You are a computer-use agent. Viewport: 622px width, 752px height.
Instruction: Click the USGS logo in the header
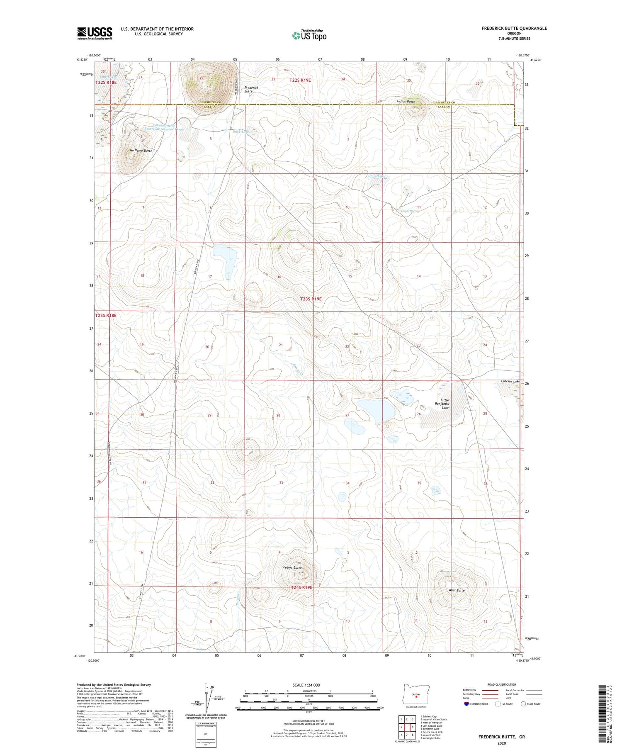click(x=95, y=33)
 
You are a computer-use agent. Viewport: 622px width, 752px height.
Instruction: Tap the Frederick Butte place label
click(x=251, y=90)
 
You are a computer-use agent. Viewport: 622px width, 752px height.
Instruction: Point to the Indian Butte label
click(x=406, y=102)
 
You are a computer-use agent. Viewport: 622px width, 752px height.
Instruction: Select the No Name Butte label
click(x=141, y=151)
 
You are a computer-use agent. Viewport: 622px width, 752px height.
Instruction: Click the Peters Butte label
click(x=292, y=567)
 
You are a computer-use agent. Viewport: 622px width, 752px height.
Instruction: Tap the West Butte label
click(x=457, y=590)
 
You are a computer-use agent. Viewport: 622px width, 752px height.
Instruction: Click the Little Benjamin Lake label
click(x=445, y=404)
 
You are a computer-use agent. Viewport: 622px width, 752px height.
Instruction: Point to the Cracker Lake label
click(x=510, y=381)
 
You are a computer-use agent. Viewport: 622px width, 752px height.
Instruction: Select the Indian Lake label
click(x=376, y=176)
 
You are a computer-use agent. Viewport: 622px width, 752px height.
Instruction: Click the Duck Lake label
click(x=241, y=131)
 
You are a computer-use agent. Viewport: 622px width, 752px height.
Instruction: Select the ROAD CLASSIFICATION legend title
click(x=502, y=684)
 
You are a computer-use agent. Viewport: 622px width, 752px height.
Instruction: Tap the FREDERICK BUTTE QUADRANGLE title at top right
click(x=514, y=28)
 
